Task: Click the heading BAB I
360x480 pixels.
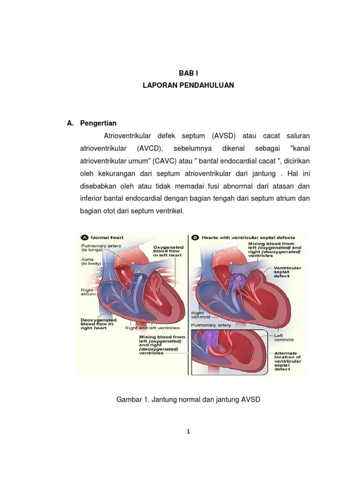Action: [188, 73]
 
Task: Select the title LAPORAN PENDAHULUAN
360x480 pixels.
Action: [188, 86]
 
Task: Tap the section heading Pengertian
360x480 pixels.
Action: [98, 123]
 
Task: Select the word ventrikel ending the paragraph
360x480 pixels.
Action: [170, 211]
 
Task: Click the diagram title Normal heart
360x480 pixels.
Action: [107, 237]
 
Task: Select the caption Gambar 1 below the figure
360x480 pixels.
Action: [187, 399]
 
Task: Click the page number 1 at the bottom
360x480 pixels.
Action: [188, 432]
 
